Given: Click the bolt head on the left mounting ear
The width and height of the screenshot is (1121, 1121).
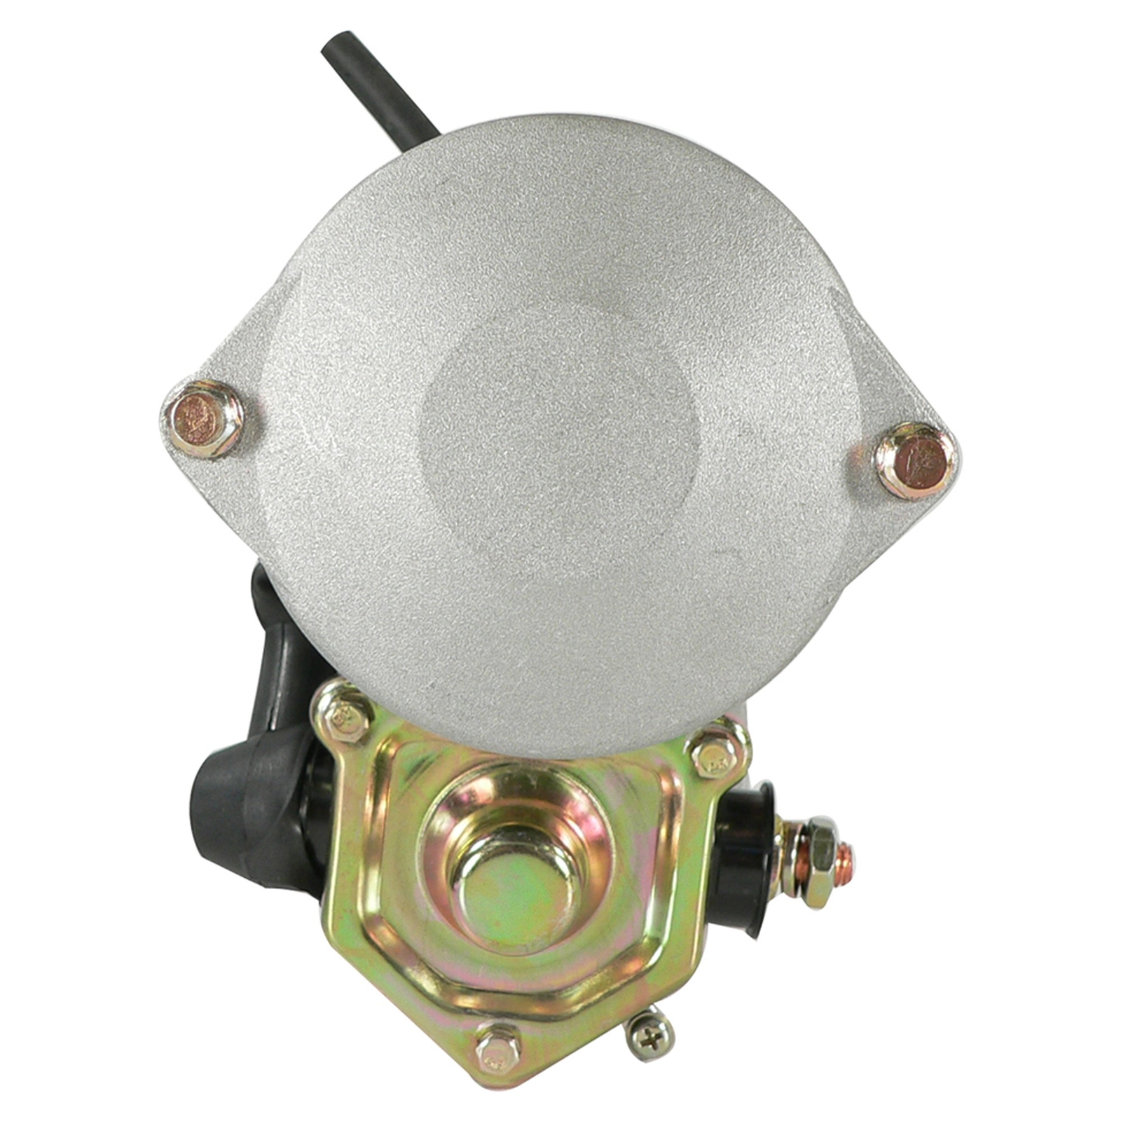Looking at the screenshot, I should click(x=201, y=419).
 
